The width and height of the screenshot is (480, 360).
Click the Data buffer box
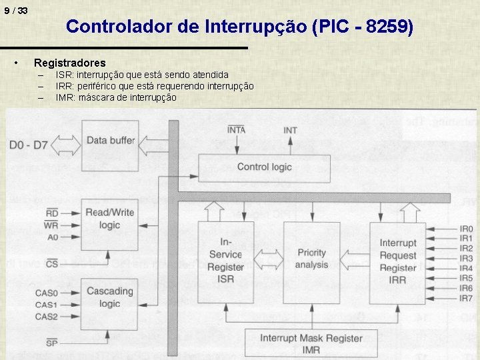pyautogui.click(x=109, y=141)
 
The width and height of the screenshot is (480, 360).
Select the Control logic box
pyautogui.click(x=264, y=167)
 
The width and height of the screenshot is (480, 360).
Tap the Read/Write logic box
pyautogui.click(x=109, y=219)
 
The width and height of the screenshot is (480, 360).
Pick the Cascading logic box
pyautogui.click(x=109, y=297)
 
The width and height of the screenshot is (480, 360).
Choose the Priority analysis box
pyautogui.click(x=311, y=259)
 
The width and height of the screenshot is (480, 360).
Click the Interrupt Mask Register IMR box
pyautogui.click(x=311, y=343)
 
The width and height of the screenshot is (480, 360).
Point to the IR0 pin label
pyautogui.click(x=466, y=229)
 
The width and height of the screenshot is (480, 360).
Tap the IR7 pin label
pyautogui.click(x=466, y=298)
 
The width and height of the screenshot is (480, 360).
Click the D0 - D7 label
pyautogui.click(x=29, y=145)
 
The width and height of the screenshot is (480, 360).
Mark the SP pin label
pyautogui.click(x=51, y=343)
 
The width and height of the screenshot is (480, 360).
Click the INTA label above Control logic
pyautogui.click(x=237, y=130)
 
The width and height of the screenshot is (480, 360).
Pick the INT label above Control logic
pyautogui.click(x=290, y=131)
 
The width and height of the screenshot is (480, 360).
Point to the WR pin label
pyautogui.click(x=51, y=225)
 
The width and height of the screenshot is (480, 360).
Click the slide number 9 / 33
pyautogui.click(x=15, y=11)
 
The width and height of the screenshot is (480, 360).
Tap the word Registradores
pyautogui.click(x=69, y=63)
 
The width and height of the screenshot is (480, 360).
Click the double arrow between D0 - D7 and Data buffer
pyautogui.click(x=65, y=142)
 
